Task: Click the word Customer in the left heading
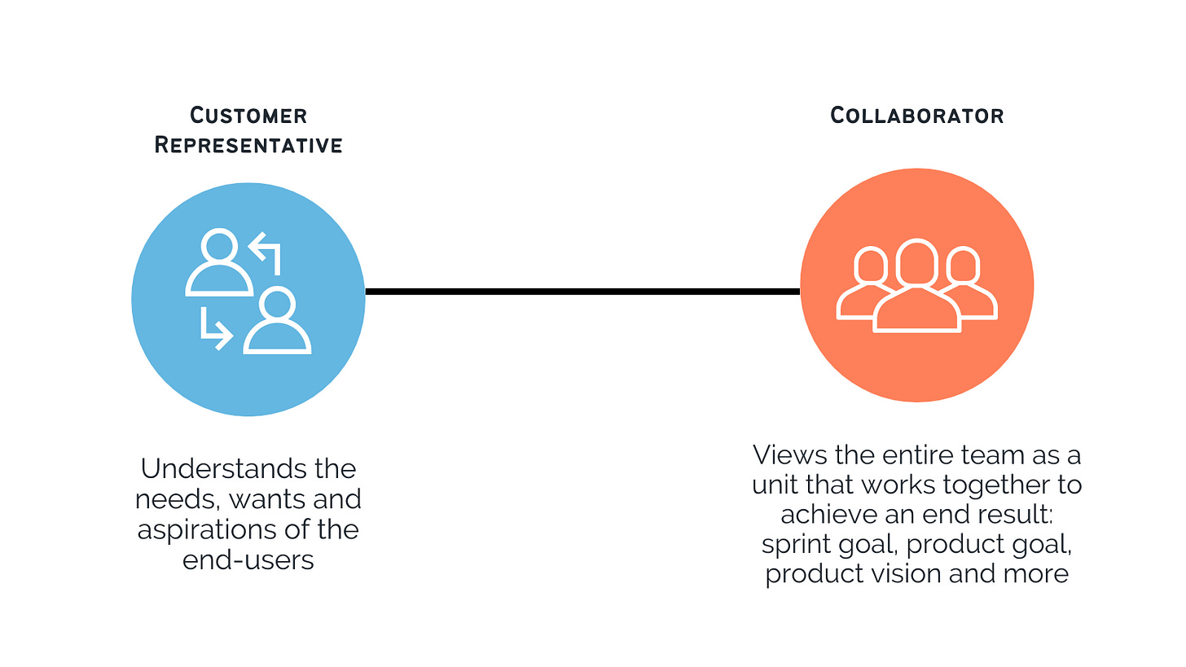point(248,116)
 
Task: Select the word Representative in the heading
point(248,145)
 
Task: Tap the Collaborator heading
point(916,116)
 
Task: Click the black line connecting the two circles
point(582,291)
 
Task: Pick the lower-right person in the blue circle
point(278,321)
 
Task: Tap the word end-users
point(248,559)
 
